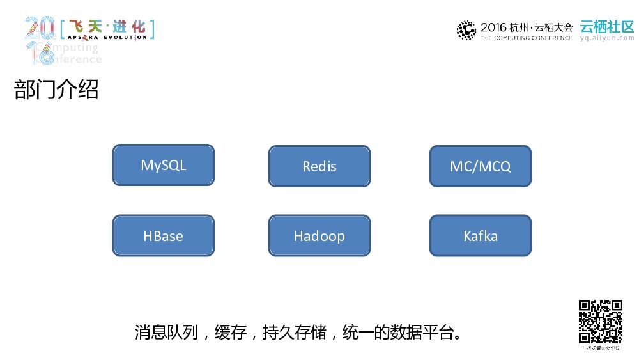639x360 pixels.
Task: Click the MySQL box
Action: point(163,165)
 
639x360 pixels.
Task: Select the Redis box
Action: point(319,166)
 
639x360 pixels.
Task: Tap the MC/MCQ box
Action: point(480,166)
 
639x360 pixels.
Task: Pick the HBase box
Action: point(163,235)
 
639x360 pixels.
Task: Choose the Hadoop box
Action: point(319,235)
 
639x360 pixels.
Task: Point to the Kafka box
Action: point(480,235)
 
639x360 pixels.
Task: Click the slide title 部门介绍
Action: point(56,90)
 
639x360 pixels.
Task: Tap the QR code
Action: point(601,322)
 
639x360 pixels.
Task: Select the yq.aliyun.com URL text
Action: point(606,38)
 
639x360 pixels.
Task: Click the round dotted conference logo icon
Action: point(466,29)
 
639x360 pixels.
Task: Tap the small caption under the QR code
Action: point(601,349)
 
